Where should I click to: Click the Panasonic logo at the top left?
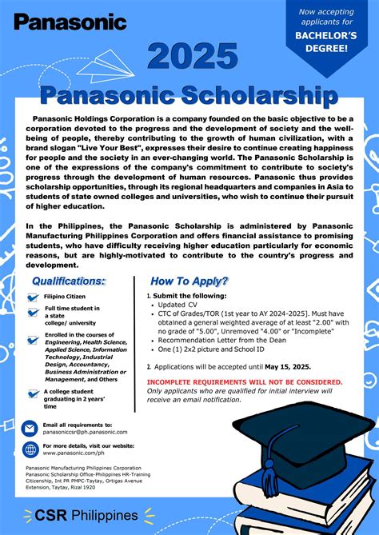click(70, 22)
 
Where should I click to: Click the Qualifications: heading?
click(68, 281)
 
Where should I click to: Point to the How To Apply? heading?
click(189, 281)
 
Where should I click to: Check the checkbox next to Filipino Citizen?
click(33, 297)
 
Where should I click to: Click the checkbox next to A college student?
click(33, 393)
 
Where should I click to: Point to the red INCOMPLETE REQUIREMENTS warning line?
click(245, 381)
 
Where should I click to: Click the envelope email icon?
click(30, 428)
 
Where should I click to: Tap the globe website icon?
click(30, 449)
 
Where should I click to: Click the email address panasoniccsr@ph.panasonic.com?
click(85, 432)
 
